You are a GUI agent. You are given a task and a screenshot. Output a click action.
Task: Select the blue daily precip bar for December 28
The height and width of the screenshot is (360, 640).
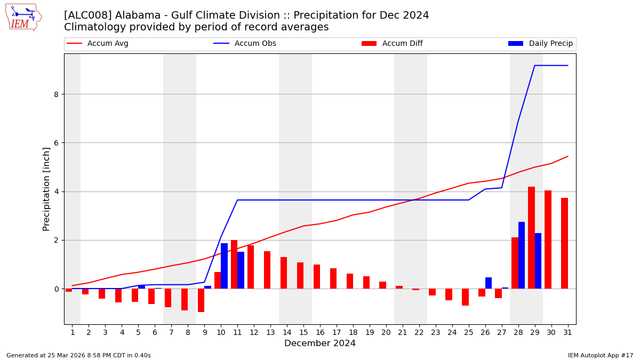[522, 255]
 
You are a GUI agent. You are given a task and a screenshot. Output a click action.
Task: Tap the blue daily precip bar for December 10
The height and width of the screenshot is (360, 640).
[224, 266]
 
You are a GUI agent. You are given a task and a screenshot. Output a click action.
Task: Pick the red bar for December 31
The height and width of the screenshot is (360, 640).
[564, 243]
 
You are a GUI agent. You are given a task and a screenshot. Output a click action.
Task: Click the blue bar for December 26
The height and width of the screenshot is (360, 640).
[489, 283]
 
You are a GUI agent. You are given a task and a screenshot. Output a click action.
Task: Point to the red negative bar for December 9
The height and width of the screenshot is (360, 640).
[201, 300]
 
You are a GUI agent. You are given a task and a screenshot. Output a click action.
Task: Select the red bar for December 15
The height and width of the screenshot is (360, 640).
[300, 276]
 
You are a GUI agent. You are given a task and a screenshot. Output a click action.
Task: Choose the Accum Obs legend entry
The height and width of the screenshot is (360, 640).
[255, 44]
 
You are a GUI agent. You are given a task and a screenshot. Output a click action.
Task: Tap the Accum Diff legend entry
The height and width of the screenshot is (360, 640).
[402, 44]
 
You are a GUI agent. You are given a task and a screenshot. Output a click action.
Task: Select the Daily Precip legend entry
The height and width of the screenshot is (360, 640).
[550, 44]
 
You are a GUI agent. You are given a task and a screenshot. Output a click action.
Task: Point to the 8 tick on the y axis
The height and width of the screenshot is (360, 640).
[55, 94]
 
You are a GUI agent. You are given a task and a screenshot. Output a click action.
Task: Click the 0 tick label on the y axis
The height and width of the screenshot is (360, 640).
[55, 289]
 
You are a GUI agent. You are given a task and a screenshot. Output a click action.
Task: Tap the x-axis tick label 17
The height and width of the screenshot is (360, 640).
[336, 332]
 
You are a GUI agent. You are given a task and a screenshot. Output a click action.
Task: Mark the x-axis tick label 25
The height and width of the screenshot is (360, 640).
[468, 332]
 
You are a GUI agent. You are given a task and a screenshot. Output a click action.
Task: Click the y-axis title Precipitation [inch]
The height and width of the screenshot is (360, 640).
[46, 189]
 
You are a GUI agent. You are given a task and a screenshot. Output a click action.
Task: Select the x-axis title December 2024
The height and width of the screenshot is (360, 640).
[320, 343]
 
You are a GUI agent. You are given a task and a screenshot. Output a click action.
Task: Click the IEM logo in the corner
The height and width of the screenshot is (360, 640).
[23, 17]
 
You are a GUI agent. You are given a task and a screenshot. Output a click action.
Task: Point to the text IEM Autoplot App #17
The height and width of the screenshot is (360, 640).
[600, 355]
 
